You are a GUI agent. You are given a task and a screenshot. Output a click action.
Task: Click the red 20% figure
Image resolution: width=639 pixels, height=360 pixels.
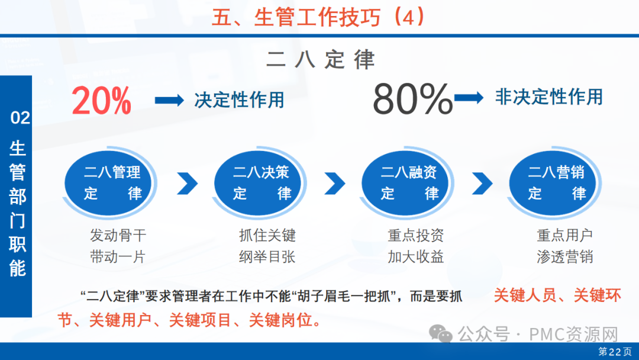click(x=102, y=101)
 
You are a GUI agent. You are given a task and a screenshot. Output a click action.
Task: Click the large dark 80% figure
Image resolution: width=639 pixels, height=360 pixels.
click(x=412, y=99)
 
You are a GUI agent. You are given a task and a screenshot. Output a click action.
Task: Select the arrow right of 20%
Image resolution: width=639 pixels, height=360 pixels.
click(x=170, y=100)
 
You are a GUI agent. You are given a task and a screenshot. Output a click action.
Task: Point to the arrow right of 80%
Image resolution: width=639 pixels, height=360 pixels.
click(x=469, y=98)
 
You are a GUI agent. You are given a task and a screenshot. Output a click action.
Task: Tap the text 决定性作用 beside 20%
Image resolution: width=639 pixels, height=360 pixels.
click(x=239, y=100)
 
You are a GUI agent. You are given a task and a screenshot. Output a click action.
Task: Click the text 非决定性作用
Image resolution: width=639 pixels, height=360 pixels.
click(x=548, y=97)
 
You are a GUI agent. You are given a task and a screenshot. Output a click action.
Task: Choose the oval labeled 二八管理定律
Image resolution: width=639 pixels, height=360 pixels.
click(x=108, y=183)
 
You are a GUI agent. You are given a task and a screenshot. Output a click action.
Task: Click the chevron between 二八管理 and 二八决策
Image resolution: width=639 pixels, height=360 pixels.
click(x=188, y=183)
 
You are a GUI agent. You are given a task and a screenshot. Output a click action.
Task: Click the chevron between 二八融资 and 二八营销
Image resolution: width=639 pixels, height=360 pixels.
click(x=483, y=183)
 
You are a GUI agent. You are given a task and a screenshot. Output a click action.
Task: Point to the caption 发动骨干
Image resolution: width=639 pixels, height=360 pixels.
click(x=118, y=235)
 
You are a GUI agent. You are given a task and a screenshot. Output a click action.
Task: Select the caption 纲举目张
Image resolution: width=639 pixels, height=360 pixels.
click(x=267, y=257)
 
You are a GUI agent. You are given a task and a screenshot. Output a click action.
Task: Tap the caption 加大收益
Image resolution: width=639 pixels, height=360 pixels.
click(x=416, y=257)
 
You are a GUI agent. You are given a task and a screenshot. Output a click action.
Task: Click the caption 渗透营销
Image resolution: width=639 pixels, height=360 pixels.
click(x=565, y=257)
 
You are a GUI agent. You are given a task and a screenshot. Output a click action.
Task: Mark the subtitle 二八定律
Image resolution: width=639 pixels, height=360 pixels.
click(x=320, y=60)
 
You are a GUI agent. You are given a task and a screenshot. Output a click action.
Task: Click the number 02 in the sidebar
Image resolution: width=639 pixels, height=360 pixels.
click(x=20, y=118)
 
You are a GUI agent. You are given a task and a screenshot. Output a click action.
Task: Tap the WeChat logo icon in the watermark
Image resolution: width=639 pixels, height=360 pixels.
click(x=441, y=334)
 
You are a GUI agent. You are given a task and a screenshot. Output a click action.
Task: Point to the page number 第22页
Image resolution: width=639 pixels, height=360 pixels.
click(x=615, y=352)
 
